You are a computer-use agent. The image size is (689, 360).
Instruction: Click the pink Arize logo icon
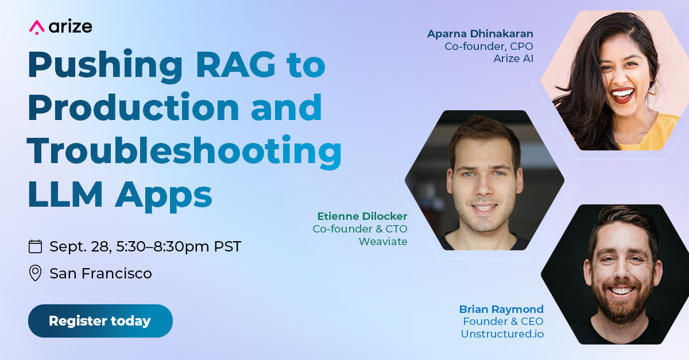click(37, 28)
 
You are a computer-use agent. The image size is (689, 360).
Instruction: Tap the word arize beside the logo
click(71, 27)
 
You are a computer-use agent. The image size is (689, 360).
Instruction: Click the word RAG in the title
click(235, 64)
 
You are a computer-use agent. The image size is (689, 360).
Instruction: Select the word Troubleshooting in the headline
click(184, 152)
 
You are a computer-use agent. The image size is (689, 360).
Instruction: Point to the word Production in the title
click(133, 107)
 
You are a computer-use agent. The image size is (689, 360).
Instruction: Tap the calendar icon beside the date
click(36, 246)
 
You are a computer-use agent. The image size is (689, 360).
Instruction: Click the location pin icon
click(35, 273)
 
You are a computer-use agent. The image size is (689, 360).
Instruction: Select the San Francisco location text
click(101, 273)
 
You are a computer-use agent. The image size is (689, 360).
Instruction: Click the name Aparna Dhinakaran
click(480, 34)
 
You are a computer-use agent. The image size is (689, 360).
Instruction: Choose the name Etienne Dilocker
click(362, 216)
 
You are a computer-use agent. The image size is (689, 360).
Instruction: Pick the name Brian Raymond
click(501, 309)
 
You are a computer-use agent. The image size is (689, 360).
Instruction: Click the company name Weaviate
click(383, 242)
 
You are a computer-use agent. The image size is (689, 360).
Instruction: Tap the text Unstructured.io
click(502, 334)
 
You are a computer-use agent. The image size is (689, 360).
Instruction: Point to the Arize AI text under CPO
click(513, 59)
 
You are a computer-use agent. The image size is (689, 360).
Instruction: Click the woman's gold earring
click(653, 88)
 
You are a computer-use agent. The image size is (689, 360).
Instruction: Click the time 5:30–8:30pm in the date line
click(162, 246)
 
